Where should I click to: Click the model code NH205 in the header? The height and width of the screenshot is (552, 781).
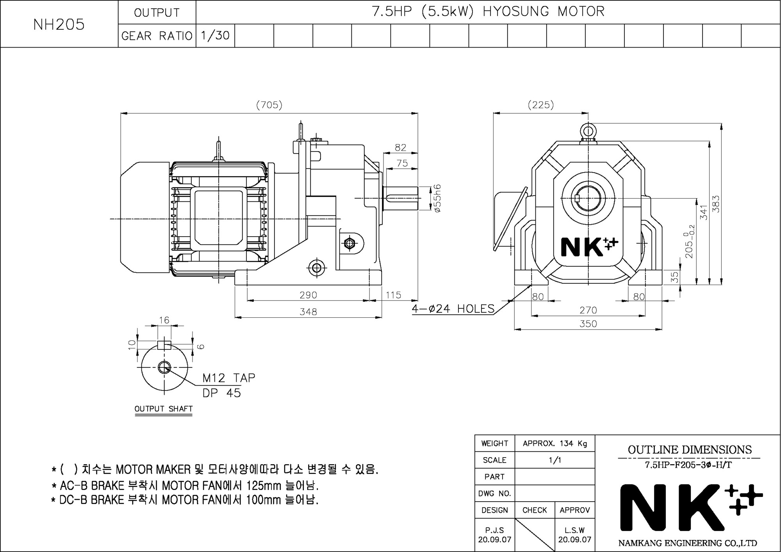coord(59,24)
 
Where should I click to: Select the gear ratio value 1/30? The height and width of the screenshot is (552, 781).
coord(215,36)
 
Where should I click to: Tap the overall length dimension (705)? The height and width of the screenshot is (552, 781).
coord(269,105)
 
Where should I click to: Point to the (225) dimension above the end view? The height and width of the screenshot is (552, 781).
coord(541,105)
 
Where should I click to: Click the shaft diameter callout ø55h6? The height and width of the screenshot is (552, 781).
coord(437,198)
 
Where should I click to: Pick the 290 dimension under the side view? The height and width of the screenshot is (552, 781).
coord(308,295)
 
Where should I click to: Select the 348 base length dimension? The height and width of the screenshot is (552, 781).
coord(308,312)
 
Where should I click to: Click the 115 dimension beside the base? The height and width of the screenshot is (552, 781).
coord(393,295)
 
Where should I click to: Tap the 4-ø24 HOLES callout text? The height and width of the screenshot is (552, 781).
coord(453,309)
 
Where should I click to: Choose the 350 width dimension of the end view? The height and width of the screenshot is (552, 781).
coord(588,324)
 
